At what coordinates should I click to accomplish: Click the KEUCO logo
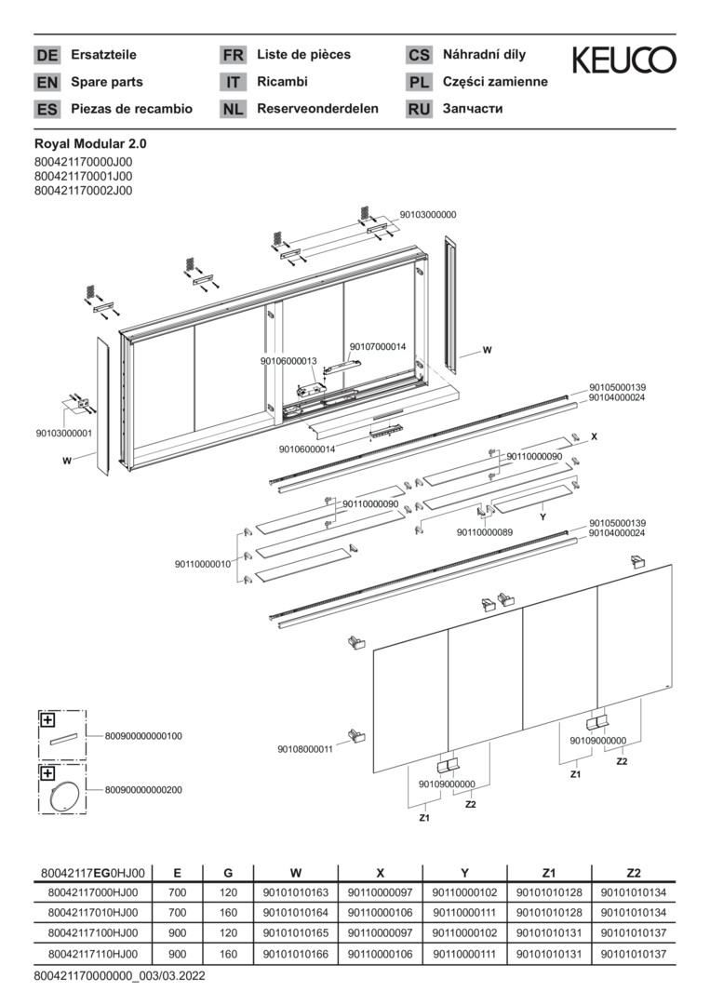point(623,60)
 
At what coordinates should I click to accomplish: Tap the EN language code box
point(47,82)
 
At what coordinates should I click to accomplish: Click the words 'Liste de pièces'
point(303,55)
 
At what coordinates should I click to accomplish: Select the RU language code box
point(419,109)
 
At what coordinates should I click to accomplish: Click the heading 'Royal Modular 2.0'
point(90,144)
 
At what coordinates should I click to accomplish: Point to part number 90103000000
point(428,214)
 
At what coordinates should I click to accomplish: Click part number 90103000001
point(64,433)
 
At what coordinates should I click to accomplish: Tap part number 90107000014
point(378,347)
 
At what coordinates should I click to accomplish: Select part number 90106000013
point(288,361)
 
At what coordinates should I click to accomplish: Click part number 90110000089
point(485,532)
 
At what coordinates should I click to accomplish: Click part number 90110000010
point(203,564)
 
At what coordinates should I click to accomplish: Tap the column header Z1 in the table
point(548,873)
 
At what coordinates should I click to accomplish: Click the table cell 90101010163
point(296,892)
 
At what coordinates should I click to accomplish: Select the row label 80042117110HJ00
point(92,954)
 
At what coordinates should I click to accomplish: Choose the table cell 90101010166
point(296,954)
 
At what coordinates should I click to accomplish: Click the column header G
point(228,873)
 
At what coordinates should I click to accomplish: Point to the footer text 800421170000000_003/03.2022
point(119,976)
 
